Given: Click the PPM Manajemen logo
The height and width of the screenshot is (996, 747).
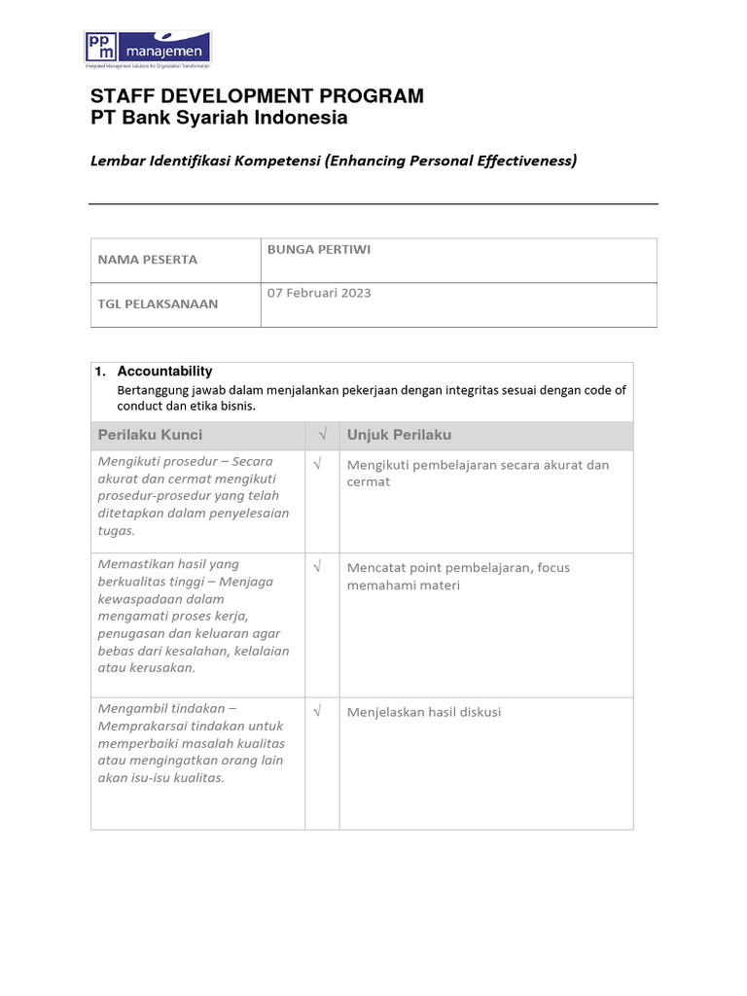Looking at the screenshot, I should pyautogui.click(x=148, y=49).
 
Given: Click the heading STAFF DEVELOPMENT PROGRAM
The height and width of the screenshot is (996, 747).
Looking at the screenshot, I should pyautogui.click(x=257, y=95).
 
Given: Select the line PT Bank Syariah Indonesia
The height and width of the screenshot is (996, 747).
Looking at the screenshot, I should pyautogui.click(x=219, y=119).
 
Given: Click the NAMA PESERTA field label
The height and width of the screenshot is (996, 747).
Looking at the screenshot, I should pyautogui.click(x=147, y=260).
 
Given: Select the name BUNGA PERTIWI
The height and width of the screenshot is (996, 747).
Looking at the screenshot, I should pyautogui.click(x=319, y=250).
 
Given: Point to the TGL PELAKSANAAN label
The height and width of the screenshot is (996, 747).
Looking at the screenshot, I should pyautogui.click(x=158, y=303).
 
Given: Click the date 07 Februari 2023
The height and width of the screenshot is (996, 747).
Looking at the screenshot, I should pyautogui.click(x=319, y=293).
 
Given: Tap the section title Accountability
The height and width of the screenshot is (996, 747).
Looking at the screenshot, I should pyautogui.click(x=164, y=372).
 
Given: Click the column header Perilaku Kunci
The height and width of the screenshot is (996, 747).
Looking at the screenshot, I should pyautogui.click(x=150, y=435).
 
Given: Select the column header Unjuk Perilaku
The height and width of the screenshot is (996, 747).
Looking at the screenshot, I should pyautogui.click(x=399, y=435).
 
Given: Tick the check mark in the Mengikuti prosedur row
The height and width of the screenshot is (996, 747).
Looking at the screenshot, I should pyautogui.click(x=317, y=465).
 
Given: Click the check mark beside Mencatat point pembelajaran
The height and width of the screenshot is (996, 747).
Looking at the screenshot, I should pyautogui.click(x=317, y=567).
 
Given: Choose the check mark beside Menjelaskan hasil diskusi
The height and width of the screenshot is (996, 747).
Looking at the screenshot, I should pyautogui.click(x=317, y=712).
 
